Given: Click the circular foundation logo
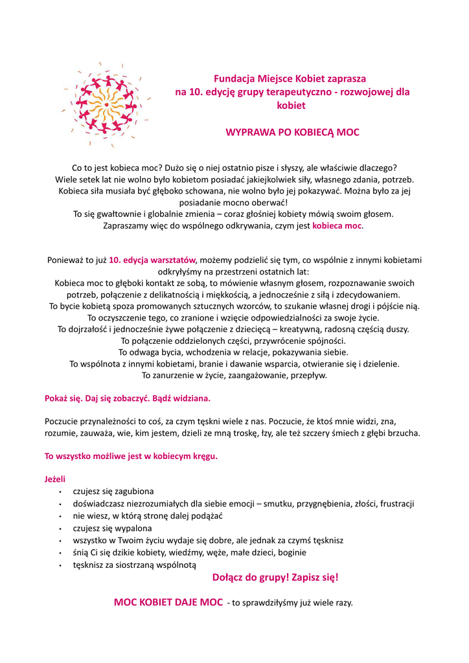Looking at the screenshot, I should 106,105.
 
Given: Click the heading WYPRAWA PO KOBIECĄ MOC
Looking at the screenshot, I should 292,132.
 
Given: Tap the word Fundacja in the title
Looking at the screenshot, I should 233,78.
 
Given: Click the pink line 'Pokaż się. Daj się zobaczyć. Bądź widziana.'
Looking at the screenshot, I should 127,397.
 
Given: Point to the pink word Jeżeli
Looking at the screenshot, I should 55,480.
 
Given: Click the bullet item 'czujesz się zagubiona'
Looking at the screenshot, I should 113,491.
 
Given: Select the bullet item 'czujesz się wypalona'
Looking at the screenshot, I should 112,528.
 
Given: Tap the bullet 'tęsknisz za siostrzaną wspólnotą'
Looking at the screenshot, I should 134,565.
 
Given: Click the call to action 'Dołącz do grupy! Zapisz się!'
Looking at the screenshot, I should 275,577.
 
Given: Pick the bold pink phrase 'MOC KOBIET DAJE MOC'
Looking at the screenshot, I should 168,603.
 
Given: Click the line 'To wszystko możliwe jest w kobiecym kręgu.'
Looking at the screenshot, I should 131,456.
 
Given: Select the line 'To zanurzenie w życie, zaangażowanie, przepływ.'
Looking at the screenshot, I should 234,375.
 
